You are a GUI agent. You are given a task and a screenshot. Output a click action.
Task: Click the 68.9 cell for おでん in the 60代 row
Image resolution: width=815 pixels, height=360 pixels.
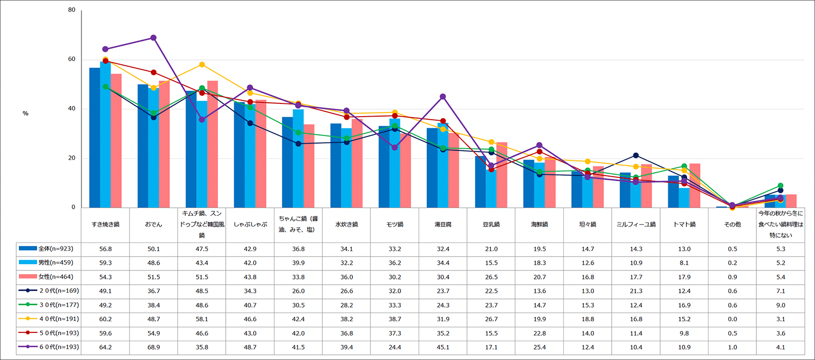point(153,347)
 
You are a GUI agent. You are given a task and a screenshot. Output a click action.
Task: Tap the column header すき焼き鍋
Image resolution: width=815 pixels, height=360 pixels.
point(105,225)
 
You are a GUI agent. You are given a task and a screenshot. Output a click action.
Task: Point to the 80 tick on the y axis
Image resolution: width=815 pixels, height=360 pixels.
point(72,10)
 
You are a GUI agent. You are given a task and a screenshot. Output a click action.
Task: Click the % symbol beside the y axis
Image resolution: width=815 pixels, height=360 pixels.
point(25,114)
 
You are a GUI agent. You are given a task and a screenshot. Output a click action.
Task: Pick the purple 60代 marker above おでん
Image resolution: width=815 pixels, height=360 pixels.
point(153,38)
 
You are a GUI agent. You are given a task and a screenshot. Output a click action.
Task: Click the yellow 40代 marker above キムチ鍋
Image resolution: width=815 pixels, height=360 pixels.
point(202,65)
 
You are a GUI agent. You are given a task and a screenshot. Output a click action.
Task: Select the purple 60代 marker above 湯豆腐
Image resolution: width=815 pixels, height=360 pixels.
point(443,97)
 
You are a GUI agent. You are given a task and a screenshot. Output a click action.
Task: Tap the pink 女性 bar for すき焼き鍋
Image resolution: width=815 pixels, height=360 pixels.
point(116,141)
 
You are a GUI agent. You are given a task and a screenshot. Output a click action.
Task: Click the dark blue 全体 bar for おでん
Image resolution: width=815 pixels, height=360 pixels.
point(143,146)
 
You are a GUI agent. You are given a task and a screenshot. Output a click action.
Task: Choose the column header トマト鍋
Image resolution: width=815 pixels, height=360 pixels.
point(684,225)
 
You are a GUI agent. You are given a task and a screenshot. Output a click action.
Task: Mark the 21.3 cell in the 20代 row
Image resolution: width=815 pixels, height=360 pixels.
point(636,291)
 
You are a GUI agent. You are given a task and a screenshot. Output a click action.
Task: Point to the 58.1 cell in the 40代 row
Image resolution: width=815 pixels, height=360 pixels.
point(202,319)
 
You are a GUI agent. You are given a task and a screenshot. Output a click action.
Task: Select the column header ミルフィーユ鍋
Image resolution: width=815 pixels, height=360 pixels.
point(636,225)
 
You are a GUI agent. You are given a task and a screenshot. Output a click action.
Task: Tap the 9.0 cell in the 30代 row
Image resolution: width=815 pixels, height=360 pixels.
point(780,305)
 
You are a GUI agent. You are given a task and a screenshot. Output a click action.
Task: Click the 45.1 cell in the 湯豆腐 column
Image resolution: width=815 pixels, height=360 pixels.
point(443,347)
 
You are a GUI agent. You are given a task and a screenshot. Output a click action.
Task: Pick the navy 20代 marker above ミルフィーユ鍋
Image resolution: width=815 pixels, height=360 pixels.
point(636,155)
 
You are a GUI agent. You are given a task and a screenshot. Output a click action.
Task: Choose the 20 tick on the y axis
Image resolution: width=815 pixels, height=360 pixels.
point(72,158)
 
